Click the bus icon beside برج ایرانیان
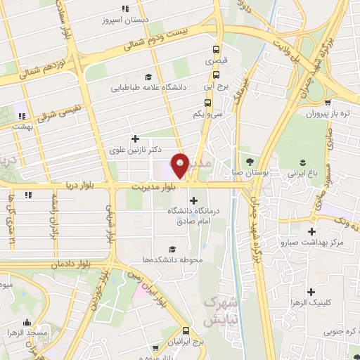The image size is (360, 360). tap(186, 330)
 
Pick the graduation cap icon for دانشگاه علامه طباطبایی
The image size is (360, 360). tap(148, 77)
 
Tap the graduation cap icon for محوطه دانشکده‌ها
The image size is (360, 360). tap(172, 248)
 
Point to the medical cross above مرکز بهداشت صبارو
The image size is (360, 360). tap(311, 231)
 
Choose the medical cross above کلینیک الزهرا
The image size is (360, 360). tap(311, 290)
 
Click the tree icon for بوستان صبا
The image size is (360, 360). tap(249, 160)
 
